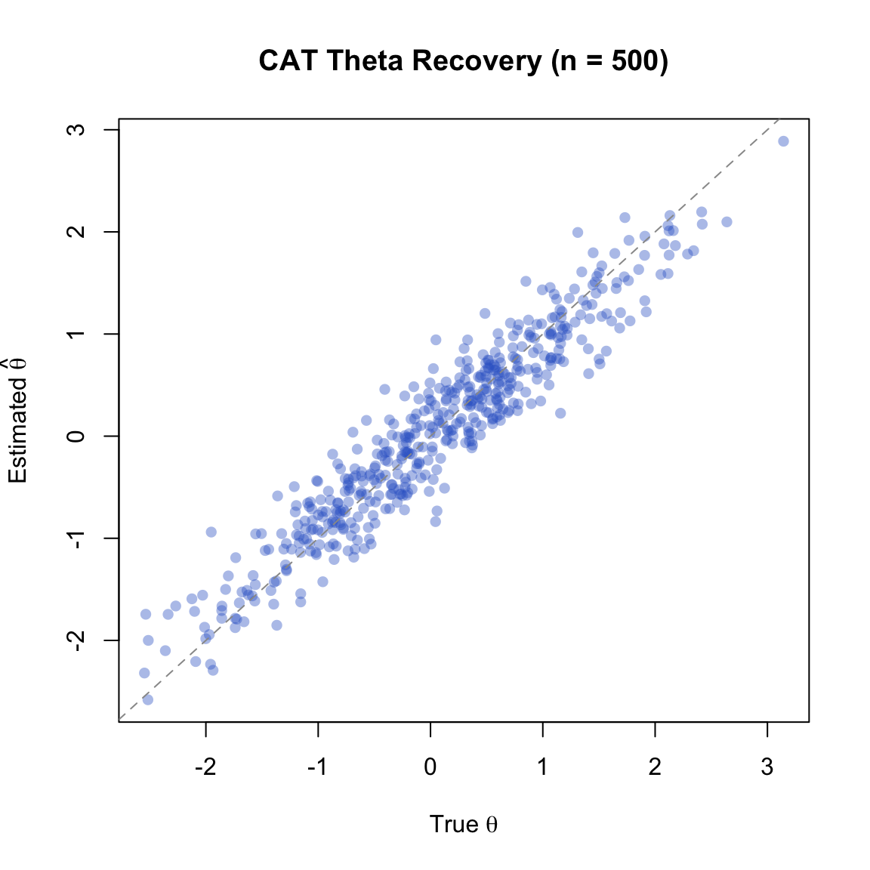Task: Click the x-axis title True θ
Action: (x=463, y=824)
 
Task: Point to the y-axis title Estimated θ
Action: (x=18, y=421)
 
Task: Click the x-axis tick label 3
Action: (x=767, y=767)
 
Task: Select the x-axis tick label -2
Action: (x=205, y=767)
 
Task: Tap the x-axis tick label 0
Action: (x=430, y=767)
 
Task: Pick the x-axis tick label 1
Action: (x=542, y=767)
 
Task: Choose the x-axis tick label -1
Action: (x=318, y=767)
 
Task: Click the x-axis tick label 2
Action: (x=655, y=767)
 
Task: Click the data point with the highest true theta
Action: (x=783, y=141)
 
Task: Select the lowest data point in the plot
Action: (x=147, y=699)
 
